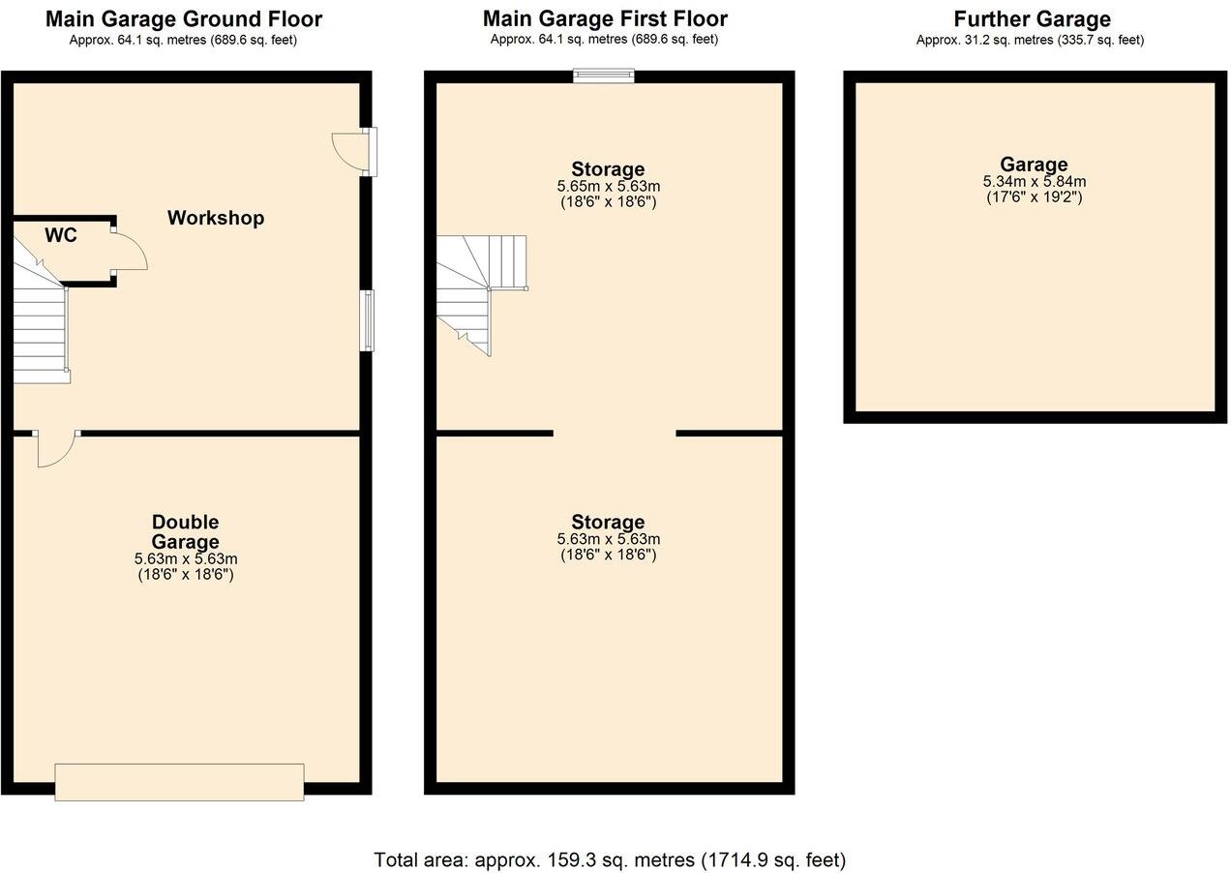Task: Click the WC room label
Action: pos(60,235)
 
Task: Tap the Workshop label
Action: pos(216,218)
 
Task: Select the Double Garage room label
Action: pos(185,532)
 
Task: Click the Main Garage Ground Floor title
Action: pos(184,18)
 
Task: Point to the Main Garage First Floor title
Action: pos(605,18)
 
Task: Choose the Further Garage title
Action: pos(1032,18)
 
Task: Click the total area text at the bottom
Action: pos(610,859)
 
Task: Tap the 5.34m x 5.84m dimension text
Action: pos(1034,181)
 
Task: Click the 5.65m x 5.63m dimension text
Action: pos(609,186)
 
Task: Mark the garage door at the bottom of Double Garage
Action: pos(179,782)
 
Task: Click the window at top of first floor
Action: pos(603,76)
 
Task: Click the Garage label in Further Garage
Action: pos(1034,165)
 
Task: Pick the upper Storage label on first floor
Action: pos(608,169)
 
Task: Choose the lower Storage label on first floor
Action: pos(608,523)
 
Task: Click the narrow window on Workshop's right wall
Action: pos(367,320)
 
